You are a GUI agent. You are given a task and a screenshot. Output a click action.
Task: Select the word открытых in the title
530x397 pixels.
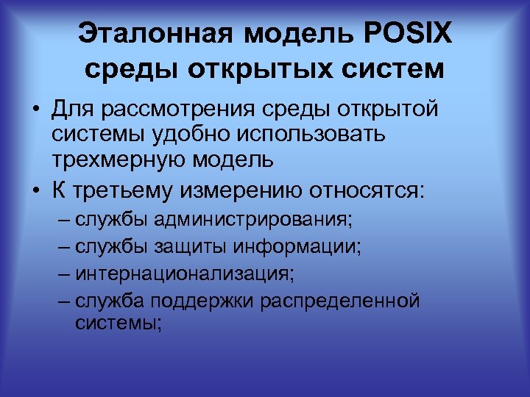[258, 70]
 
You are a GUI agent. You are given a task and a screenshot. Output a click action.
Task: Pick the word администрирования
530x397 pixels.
[250, 220]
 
